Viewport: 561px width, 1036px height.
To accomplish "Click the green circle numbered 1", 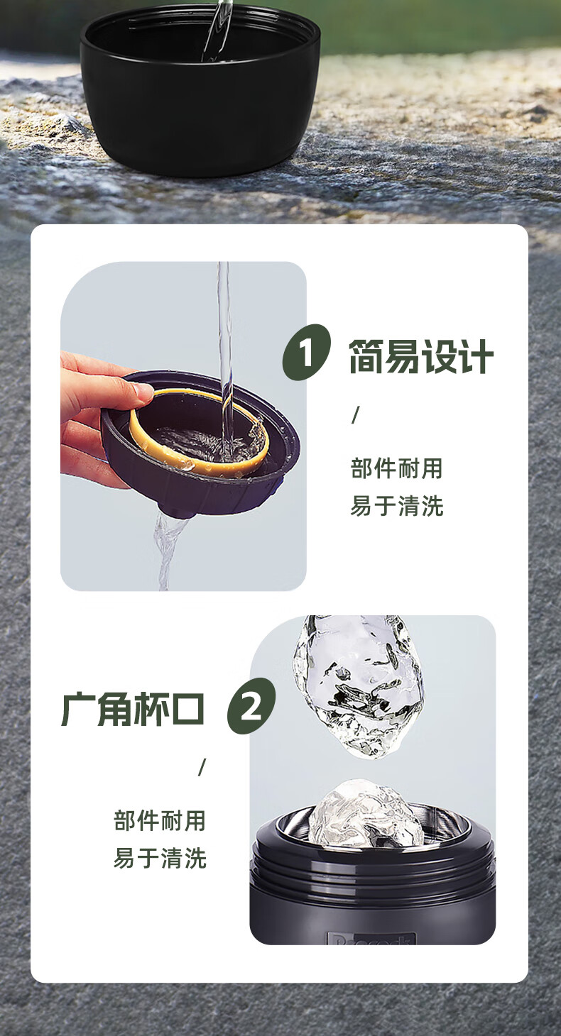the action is tap(307, 353).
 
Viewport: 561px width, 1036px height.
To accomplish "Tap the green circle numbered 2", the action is tap(251, 706).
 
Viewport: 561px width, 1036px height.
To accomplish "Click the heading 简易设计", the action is tap(421, 356).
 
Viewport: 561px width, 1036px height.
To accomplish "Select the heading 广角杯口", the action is tap(132, 709).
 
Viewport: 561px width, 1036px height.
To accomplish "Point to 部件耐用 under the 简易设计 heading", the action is tap(397, 468).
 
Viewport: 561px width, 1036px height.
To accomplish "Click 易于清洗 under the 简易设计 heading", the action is tap(397, 505).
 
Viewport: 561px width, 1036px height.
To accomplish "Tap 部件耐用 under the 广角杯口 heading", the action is tap(160, 821).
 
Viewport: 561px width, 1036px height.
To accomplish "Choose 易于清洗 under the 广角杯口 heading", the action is tap(160, 858).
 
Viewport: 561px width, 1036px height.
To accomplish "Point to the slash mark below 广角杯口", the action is tap(202, 767).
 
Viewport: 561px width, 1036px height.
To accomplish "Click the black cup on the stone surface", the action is tap(200, 88).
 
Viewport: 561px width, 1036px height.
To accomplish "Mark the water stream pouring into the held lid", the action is tap(225, 360).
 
